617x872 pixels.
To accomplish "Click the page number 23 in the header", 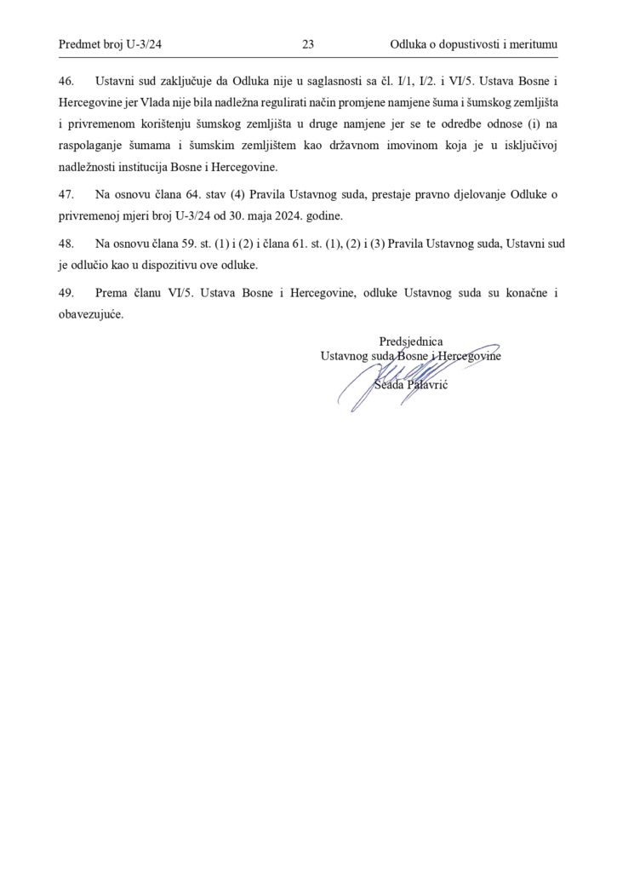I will point(308,43).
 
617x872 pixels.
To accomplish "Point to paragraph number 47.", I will point(67,195).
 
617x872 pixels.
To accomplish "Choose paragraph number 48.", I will point(67,244).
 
